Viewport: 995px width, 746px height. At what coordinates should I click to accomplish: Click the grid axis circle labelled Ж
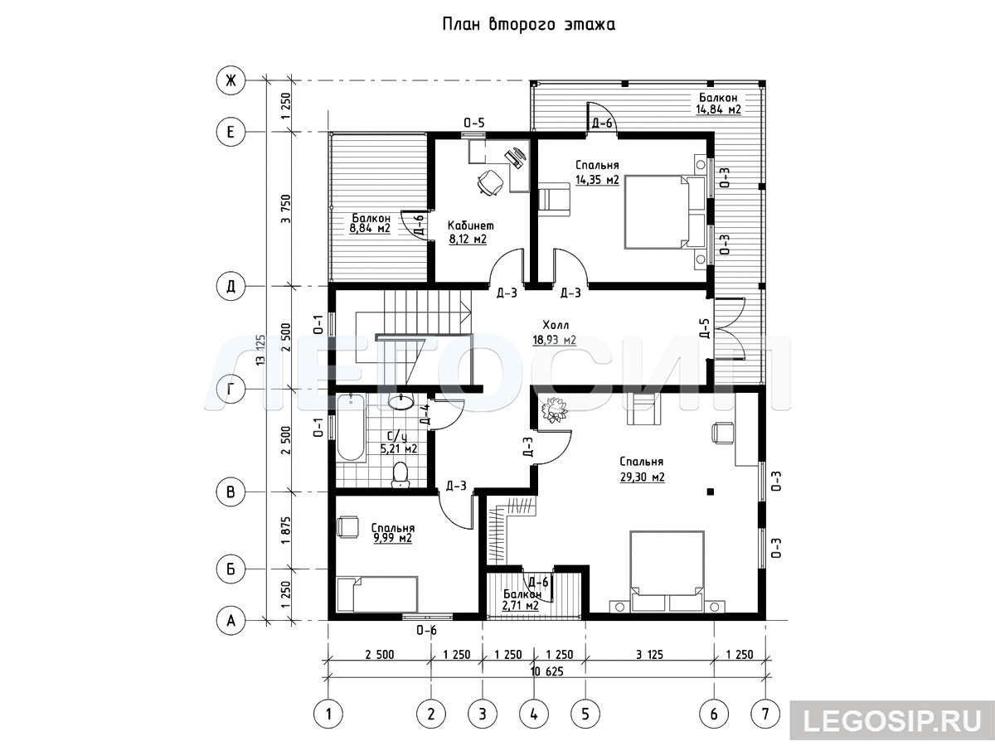click(x=231, y=81)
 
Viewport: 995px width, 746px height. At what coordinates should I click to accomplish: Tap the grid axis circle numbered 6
click(x=714, y=715)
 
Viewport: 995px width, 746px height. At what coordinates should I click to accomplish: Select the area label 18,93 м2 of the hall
click(x=555, y=339)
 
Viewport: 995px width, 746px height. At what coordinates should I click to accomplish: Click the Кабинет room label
click(x=470, y=225)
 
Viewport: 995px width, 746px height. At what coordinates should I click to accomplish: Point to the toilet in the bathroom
click(x=400, y=475)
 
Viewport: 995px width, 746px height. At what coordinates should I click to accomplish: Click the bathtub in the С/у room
click(x=351, y=428)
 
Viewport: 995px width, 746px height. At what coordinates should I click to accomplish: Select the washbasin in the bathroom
click(x=400, y=402)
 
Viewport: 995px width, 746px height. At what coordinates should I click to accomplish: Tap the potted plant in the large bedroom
click(x=553, y=410)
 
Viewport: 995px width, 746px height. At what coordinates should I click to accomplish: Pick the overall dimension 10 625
click(x=546, y=671)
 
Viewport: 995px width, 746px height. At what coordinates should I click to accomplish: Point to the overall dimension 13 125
click(x=260, y=350)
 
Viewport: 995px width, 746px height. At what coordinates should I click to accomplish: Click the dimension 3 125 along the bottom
click(x=649, y=655)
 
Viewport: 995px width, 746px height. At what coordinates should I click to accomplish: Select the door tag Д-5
click(x=704, y=328)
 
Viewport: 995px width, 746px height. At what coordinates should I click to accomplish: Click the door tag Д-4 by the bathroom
click(x=425, y=414)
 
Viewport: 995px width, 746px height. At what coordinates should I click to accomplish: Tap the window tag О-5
click(x=473, y=123)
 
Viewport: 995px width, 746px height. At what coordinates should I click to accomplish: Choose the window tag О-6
click(x=426, y=630)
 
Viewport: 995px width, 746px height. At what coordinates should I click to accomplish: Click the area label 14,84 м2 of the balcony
click(x=719, y=109)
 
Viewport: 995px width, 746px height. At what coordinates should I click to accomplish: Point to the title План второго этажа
click(x=528, y=24)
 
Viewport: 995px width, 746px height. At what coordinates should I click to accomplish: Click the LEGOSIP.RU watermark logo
click(x=892, y=720)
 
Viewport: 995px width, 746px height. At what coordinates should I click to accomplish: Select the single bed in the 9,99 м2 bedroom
click(x=377, y=594)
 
